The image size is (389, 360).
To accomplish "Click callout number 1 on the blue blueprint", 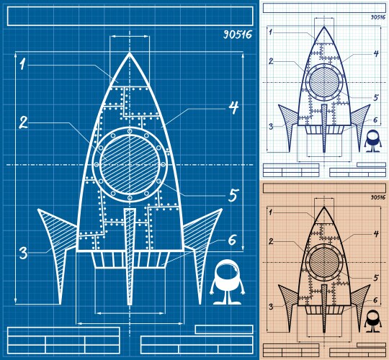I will pyautogui.click(x=23, y=65).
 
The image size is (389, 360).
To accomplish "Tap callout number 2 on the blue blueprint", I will pyautogui.click(x=23, y=122).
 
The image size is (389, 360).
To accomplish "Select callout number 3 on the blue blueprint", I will pyautogui.click(x=23, y=253).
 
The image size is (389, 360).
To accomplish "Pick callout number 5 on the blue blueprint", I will pyautogui.click(x=233, y=194).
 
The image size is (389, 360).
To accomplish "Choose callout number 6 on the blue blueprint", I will pyautogui.click(x=233, y=240).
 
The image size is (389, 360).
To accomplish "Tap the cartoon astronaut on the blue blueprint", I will pyautogui.click(x=225, y=281).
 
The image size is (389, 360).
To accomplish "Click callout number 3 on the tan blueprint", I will pyautogui.click(x=270, y=306).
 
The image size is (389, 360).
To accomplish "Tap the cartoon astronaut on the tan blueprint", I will pyautogui.click(x=372, y=321).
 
